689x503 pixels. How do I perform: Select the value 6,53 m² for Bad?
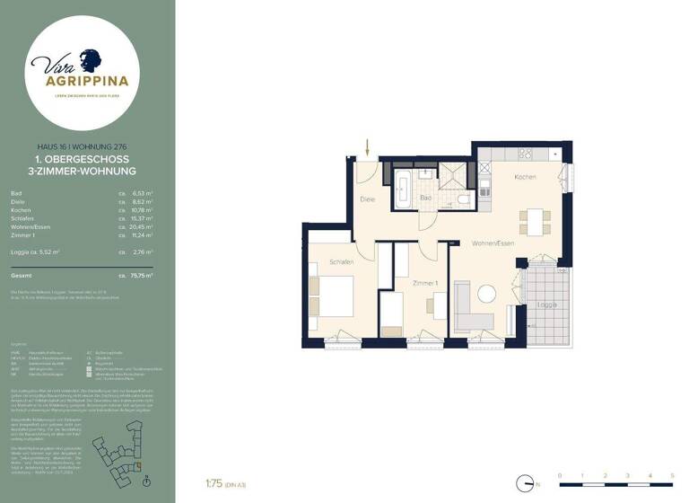(x=143, y=193)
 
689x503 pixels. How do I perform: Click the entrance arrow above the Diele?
(x=366, y=145)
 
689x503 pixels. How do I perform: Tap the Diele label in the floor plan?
(x=367, y=199)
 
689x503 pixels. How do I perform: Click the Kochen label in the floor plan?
(x=525, y=177)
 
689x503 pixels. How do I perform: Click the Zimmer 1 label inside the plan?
(x=424, y=283)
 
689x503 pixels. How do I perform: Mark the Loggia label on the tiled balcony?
(x=547, y=305)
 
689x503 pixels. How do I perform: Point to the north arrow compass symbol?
(x=523, y=483)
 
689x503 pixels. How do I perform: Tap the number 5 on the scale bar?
(x=672, y=474)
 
